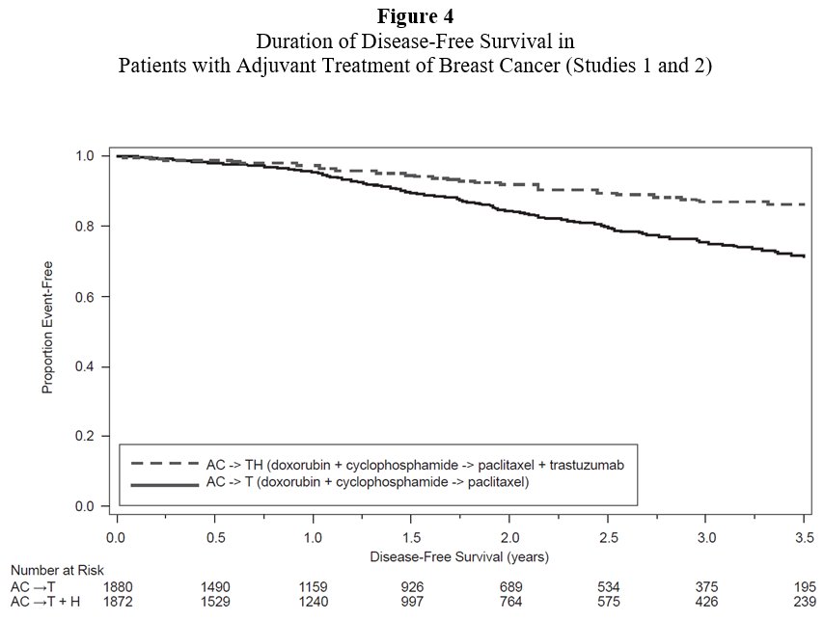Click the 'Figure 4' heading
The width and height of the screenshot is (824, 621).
pos(411,17)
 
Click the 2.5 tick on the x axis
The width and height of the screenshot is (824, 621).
pos(609,535)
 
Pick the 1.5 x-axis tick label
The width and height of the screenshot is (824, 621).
pos(412,535)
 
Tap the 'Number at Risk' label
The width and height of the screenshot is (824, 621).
pos(51,571)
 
